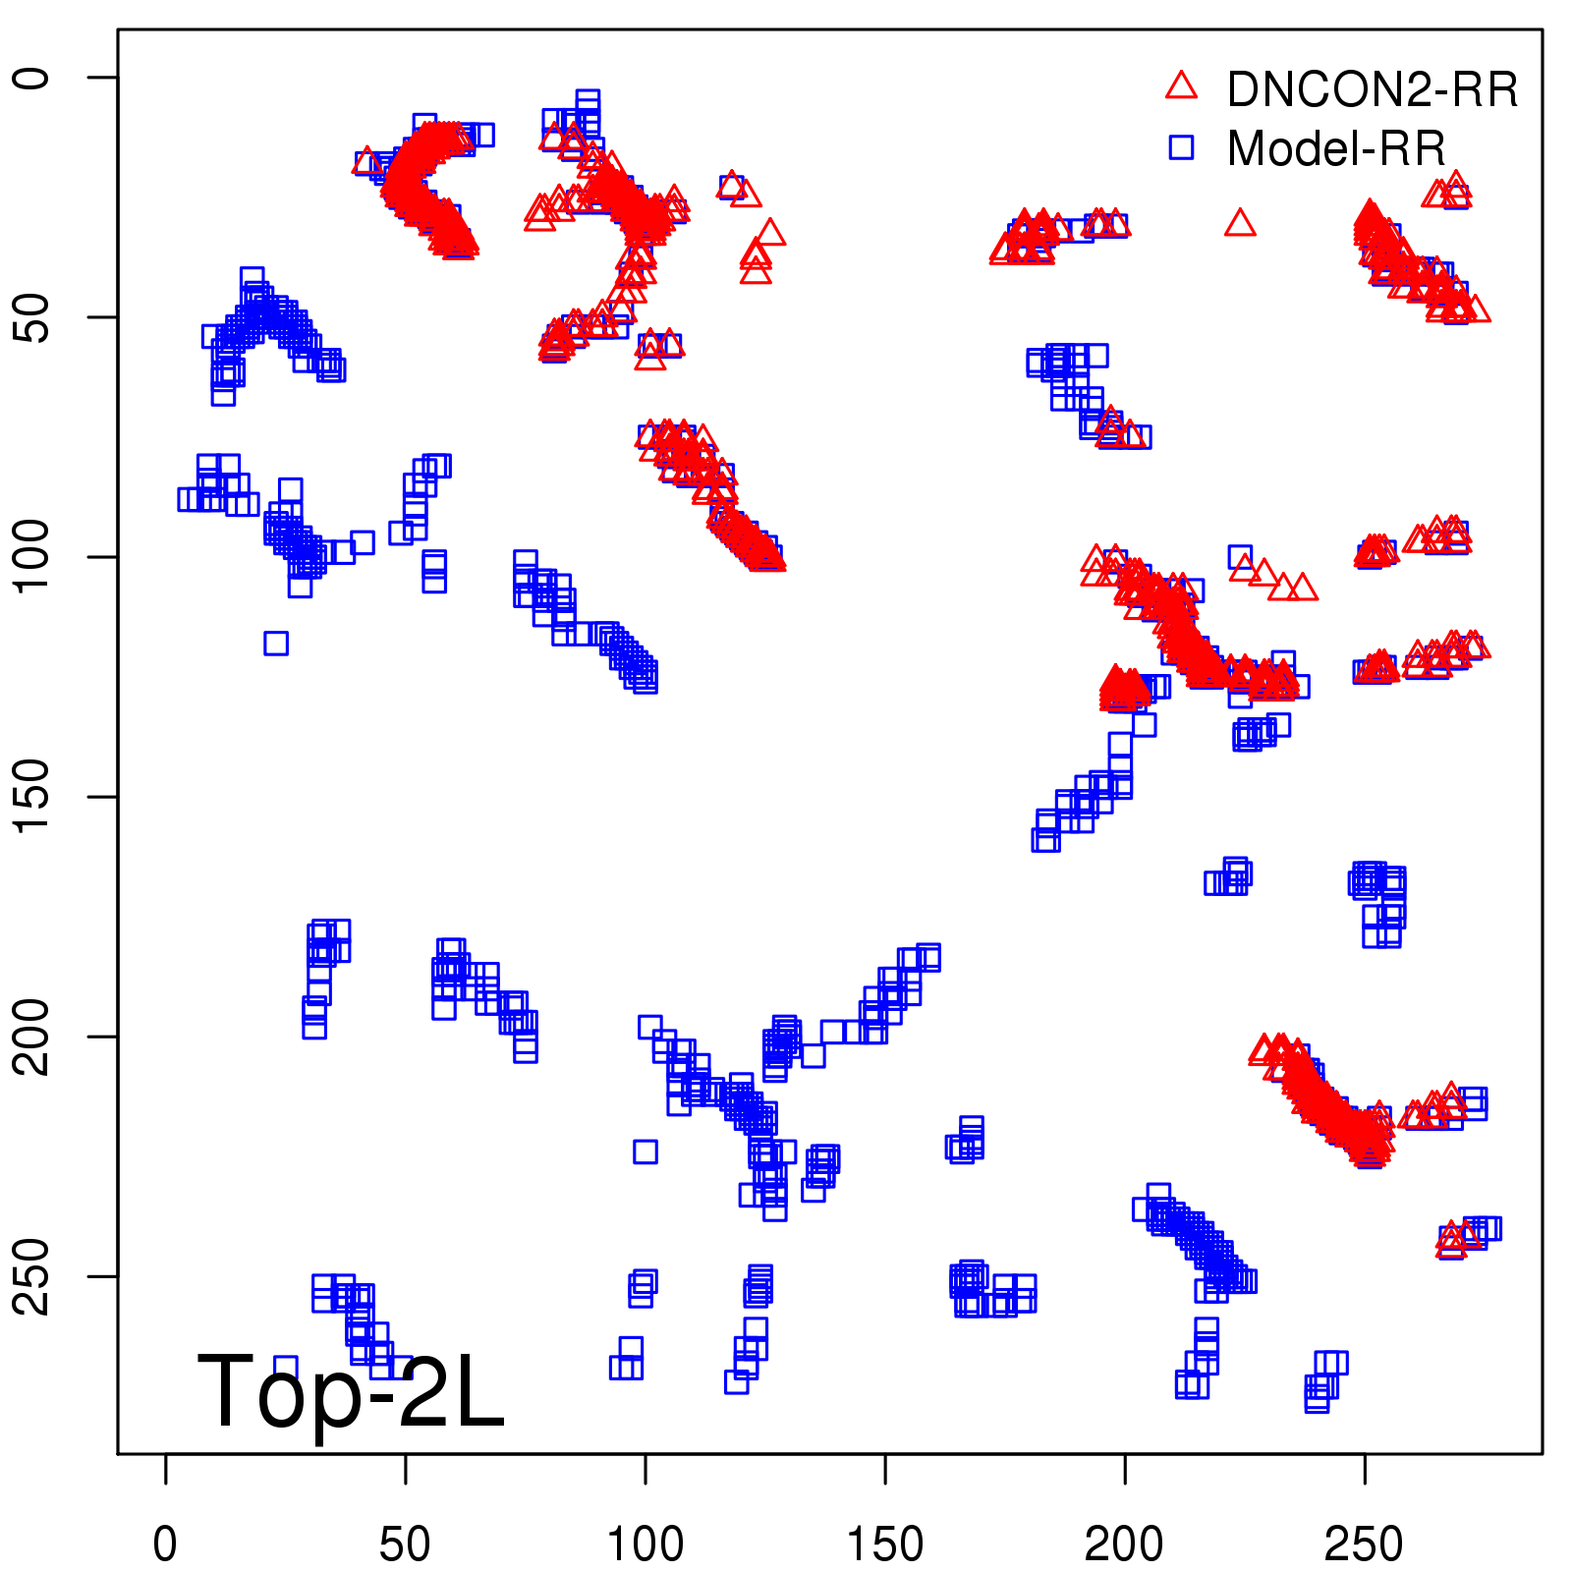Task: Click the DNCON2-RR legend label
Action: [x=1372, y=89]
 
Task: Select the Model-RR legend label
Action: [x=1336, y=149]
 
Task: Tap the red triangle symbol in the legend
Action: [x=1181, y=85]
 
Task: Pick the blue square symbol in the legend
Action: [x=1181, y=147]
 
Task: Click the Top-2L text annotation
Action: [x=351, y=1391]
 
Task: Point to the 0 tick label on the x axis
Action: [x=165, y=1544]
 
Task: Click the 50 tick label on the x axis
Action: [x=405, y=1544]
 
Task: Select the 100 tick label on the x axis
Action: [x=645, y=1544]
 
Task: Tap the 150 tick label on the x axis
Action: [x=884, y=1544]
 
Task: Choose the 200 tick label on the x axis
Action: [x=1124, y=1544]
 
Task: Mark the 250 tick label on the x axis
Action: [x=1364, y=1544]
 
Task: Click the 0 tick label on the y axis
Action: [x=32, y=78]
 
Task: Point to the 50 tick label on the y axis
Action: [x=32, y=317]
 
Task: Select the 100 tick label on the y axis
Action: [x=32, y=557]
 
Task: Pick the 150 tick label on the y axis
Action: [x=32, y=797]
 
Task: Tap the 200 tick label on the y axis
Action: [x=32, y=1037]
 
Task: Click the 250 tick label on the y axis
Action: [x=32, y=1276]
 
